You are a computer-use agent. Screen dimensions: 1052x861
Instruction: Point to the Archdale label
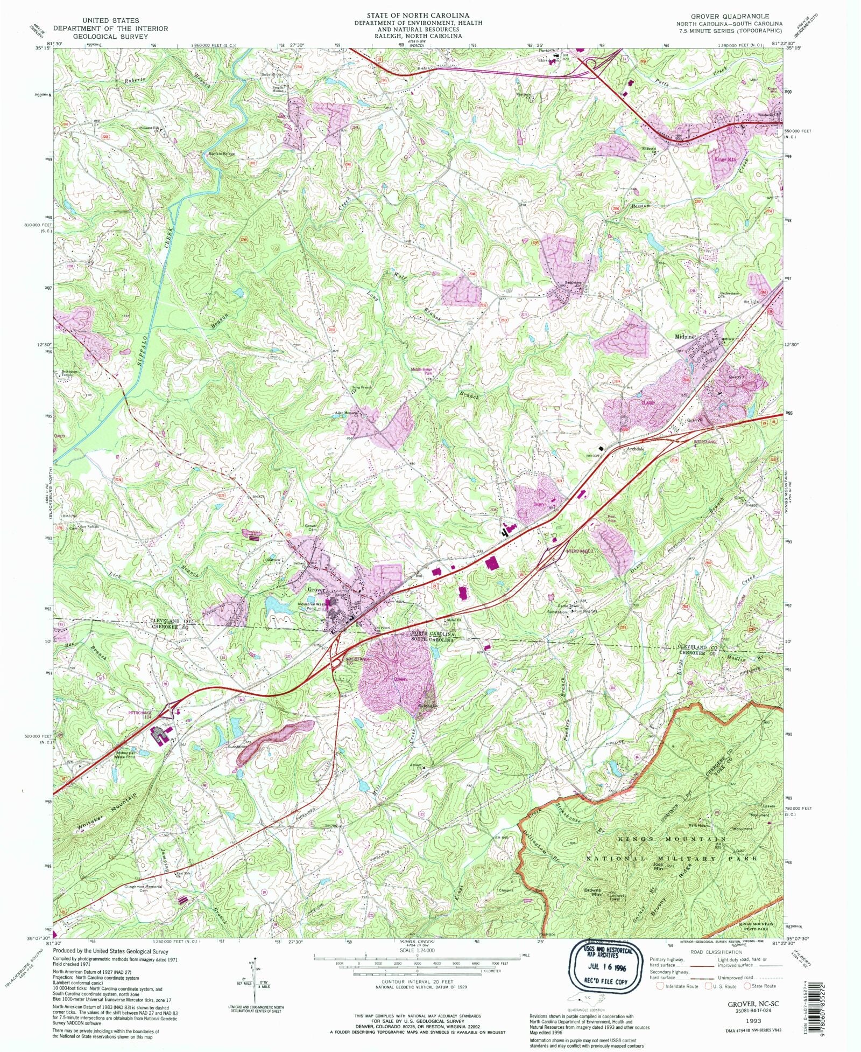pyautogui.click(x=635, y=449)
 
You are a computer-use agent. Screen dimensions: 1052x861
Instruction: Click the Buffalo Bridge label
pyautogui.click(x=222, y=154)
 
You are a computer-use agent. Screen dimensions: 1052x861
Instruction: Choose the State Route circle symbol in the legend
pyautogui.click(x=747, y=986)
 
